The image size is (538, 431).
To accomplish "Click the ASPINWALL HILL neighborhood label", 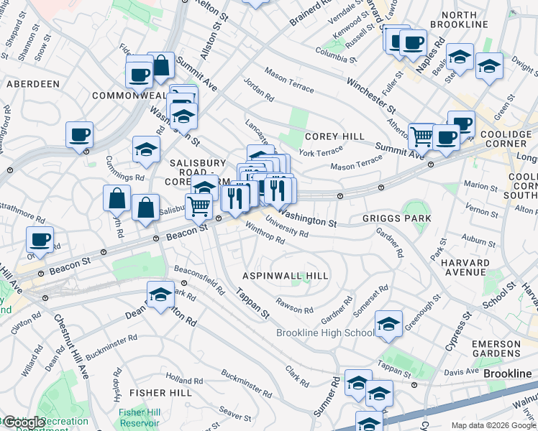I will [x=286, y=276].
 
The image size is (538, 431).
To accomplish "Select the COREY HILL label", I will [x=334, y=136].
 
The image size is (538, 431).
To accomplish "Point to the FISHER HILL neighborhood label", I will [x=160, y=393].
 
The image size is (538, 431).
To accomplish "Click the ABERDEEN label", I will [x=33, y=84].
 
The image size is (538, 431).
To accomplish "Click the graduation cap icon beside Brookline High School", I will [x=388, y=325].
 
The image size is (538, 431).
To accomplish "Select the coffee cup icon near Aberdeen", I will [x=80, y=134].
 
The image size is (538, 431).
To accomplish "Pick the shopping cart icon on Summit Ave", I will [x=422, y=135].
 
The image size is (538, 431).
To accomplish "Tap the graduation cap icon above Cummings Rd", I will [x=146, y=149].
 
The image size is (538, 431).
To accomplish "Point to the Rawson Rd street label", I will [x=294, y=305].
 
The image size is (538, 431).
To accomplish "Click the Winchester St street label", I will [x=371, y=96].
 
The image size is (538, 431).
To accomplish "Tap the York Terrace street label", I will [x=321, y=152].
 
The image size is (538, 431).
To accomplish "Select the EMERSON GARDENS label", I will [x=496, y=349].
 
